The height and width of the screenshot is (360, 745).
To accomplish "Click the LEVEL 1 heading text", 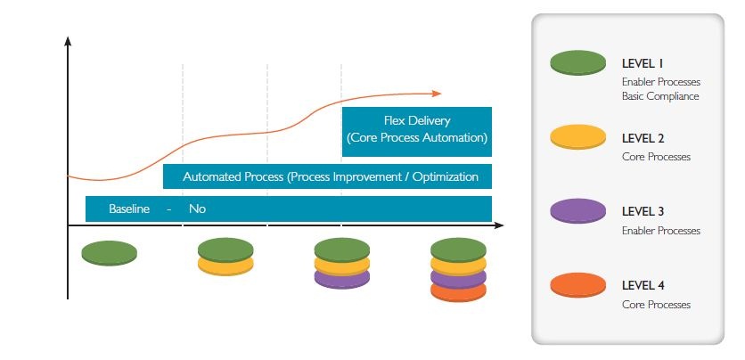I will tap(642, 63).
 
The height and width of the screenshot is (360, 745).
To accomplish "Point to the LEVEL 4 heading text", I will tap(643, 286).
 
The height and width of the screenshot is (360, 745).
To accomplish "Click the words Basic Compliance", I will tap(660, 96).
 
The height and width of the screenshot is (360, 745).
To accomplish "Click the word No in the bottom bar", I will tap(197, 209).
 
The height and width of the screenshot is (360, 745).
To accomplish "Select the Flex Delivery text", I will tap(417, 120).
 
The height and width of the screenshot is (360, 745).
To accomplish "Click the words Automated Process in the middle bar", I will tap(233, 176).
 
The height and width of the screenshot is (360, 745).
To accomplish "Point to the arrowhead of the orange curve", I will tap(437, 93).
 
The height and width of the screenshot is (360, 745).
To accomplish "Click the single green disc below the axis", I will tap(109, 252).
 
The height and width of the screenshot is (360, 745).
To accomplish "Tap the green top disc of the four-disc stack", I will tap(458, 248).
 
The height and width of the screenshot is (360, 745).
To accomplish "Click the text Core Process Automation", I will tap(417, 138).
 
